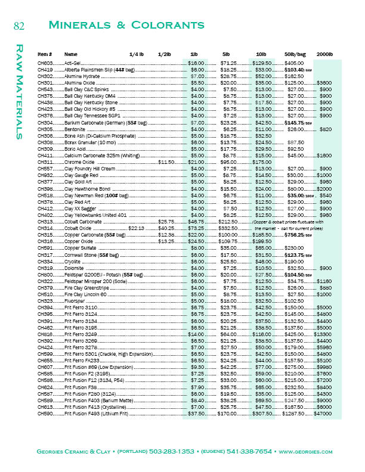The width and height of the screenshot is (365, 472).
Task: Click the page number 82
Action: point(18,25)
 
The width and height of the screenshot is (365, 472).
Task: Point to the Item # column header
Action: point(45,54)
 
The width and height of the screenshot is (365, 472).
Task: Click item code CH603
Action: point(45,63)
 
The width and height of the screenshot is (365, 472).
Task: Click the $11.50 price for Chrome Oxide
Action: point(166,162)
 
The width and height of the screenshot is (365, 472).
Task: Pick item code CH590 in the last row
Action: point(45,397)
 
